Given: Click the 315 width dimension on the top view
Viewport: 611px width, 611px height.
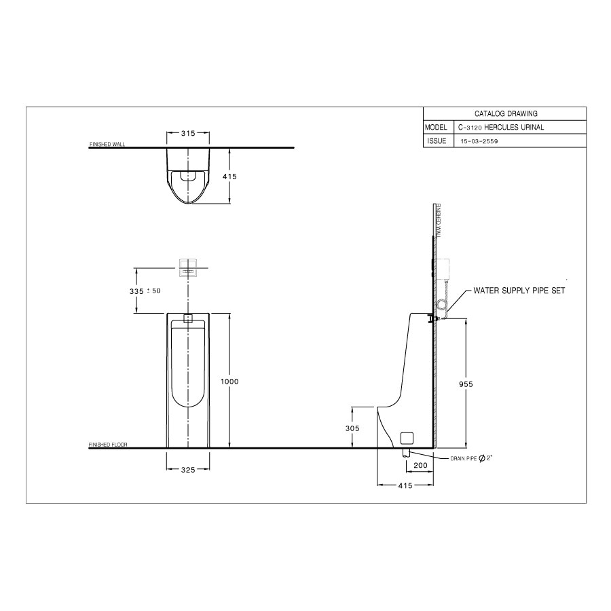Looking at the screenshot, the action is click(188, 133).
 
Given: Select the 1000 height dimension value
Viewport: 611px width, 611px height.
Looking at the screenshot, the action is click(229, 382).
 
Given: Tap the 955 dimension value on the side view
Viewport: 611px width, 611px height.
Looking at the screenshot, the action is click(466, 384).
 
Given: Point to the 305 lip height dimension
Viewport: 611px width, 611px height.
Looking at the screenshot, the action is click(352, 428).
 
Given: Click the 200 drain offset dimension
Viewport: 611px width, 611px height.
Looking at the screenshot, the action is click(420, 465).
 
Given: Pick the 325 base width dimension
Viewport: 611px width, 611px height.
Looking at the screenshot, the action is click(188, 470).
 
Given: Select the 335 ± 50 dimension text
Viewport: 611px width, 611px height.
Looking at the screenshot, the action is click(145, 291).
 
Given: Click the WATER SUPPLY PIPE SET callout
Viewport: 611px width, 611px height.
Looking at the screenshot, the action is click(519, 291).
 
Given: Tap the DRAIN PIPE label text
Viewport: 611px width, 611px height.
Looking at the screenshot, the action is click(463, 459).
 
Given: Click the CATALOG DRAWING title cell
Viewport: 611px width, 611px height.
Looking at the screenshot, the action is click(506, 114).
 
